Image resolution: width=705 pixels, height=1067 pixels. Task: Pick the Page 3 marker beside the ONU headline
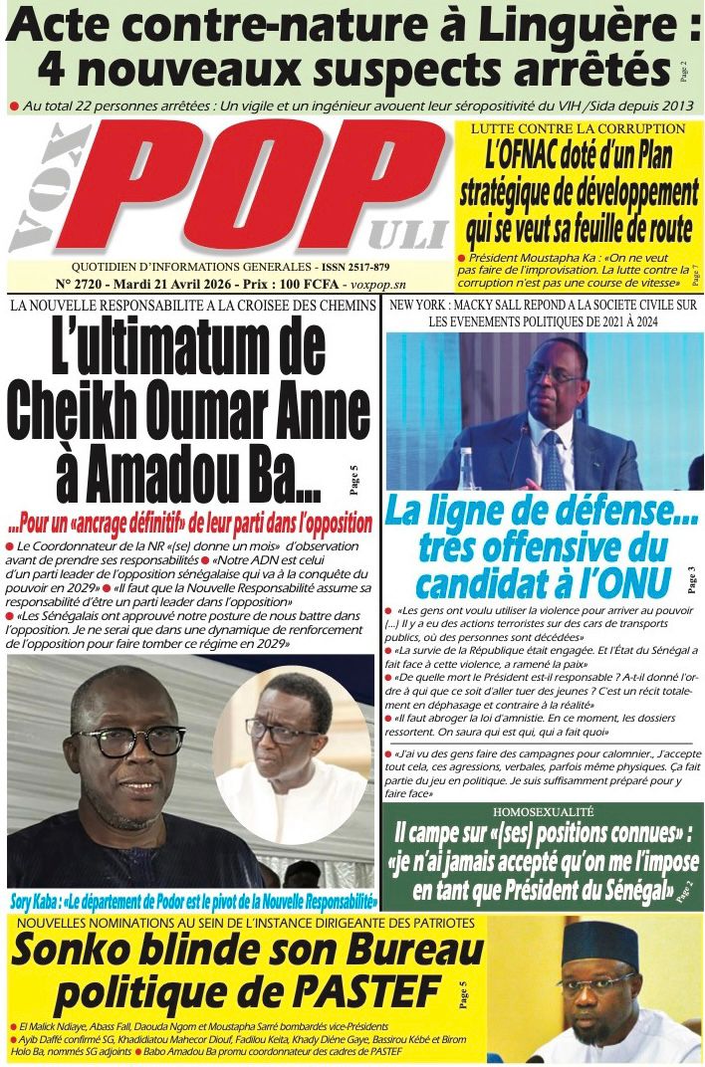[691, 576]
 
